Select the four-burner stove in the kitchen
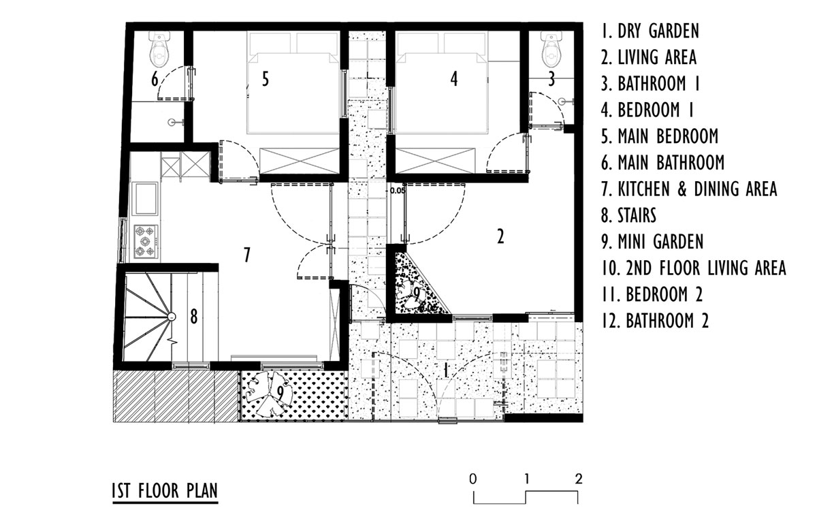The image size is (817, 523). (146, 242)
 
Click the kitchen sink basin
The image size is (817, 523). (146, 198)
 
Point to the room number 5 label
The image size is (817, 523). (266, 79)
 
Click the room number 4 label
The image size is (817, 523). (453, 79)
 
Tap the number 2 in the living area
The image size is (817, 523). (500, 236)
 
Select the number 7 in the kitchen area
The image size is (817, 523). (247, 255)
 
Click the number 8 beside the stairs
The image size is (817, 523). (194, 317)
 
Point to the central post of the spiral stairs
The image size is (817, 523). (172, 317)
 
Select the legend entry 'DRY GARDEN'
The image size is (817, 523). (650, 31)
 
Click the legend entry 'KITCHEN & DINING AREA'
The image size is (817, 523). (689, 189)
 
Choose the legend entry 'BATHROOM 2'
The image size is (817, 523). (655, 321)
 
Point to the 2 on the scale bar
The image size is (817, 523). (579, 479)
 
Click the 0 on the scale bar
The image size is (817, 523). (473, 479)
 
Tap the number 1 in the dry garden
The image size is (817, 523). (445, 371)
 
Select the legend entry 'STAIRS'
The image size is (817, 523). (629, 215)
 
